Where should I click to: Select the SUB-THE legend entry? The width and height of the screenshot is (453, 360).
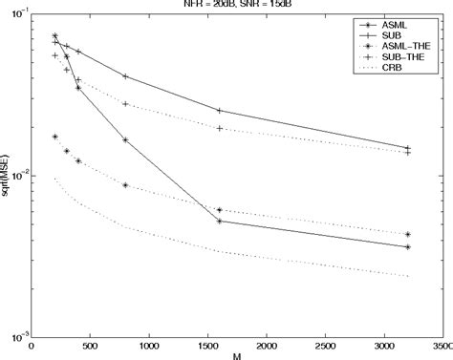403,57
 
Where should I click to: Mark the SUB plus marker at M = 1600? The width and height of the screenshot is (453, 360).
220,111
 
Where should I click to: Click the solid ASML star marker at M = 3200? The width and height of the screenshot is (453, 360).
407,246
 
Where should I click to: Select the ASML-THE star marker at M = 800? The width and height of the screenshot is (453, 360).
125,185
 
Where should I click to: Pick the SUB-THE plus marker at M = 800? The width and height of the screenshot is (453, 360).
125,104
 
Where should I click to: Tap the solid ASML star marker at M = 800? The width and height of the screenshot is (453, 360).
125,139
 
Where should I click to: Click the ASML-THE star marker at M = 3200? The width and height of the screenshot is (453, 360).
407,234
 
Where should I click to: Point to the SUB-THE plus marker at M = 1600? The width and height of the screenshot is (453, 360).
220,128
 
